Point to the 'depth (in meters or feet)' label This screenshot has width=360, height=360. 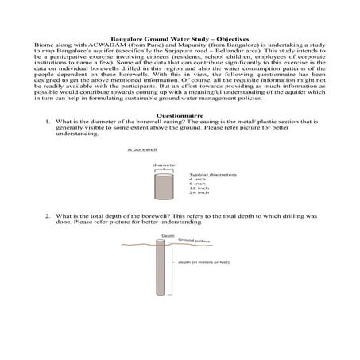tap(207, 261)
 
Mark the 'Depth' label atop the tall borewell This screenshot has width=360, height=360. tap(168, 235)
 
